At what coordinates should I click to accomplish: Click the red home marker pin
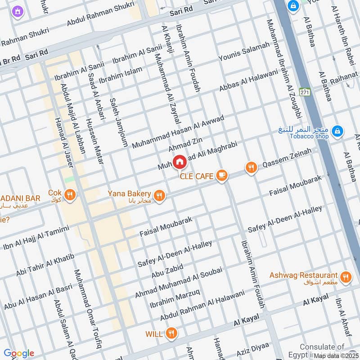pos(179,162)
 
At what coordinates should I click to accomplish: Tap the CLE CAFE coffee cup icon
pos(221,175)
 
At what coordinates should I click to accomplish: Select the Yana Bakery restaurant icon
pos(158,195)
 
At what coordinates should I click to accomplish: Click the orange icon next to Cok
pos(69,195)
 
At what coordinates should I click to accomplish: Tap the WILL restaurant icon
pos(171,333)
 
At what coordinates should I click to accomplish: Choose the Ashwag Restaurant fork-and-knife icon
pos(346,277)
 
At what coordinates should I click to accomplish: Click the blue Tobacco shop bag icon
pos(336,132)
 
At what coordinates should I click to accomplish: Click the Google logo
pos(19,353)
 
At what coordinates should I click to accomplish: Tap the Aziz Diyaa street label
pos(253,348)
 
